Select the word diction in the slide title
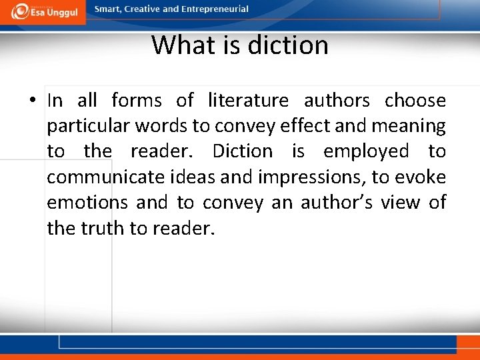288,45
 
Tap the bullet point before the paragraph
33,101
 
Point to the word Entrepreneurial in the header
215,9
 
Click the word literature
248,101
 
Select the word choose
415,101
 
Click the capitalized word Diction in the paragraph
242,151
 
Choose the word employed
366,151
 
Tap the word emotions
87,202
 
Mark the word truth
103,227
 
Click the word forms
137,101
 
